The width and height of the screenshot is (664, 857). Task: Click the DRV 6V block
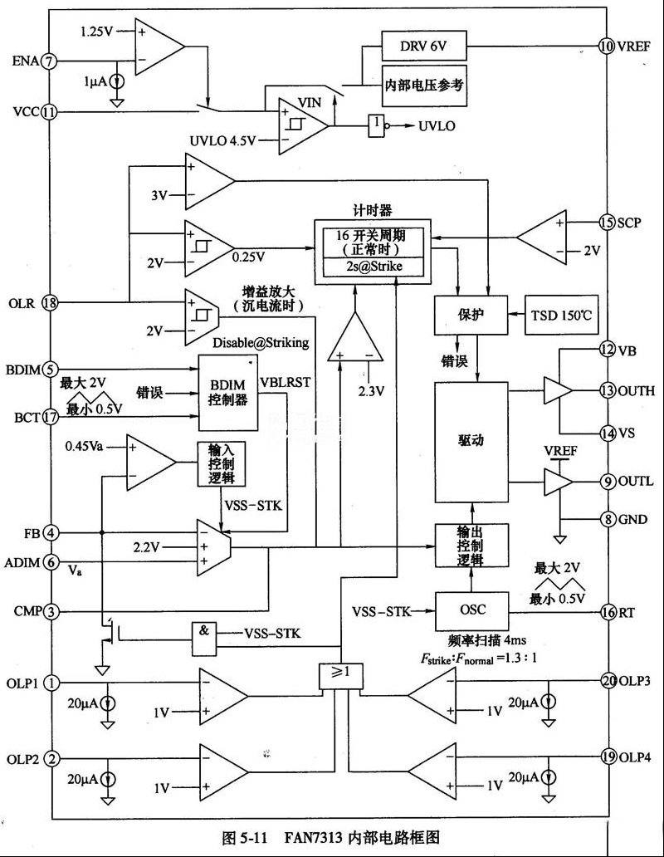coord(424,46)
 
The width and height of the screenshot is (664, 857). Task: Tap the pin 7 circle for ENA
coord(50,61)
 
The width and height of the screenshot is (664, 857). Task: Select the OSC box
coord(471,610)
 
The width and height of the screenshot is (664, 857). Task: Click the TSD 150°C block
coord(561,316)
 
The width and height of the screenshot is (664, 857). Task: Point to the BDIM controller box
coord(227,393)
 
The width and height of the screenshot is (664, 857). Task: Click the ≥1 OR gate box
coord(340,676)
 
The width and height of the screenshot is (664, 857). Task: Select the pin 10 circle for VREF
coord(607,46)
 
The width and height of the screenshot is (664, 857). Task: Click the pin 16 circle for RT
coord(608,612)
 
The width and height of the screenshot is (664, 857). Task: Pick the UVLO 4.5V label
coord(222,141)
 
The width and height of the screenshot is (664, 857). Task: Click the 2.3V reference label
coord(371,391)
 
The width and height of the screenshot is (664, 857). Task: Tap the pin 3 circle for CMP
coord(51,611)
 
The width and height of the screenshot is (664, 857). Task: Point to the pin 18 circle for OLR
coord(51,302)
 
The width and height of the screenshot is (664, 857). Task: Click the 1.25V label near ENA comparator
coord(96,32)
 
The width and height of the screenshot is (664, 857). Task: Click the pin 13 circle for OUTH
coord(608,391)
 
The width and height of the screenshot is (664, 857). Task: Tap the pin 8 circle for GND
coord(608,519)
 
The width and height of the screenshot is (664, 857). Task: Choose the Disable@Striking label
coord(261,343)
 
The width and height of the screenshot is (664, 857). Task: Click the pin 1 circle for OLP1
coord(51,683)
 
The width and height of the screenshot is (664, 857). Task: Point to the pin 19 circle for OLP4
coord(609,757)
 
